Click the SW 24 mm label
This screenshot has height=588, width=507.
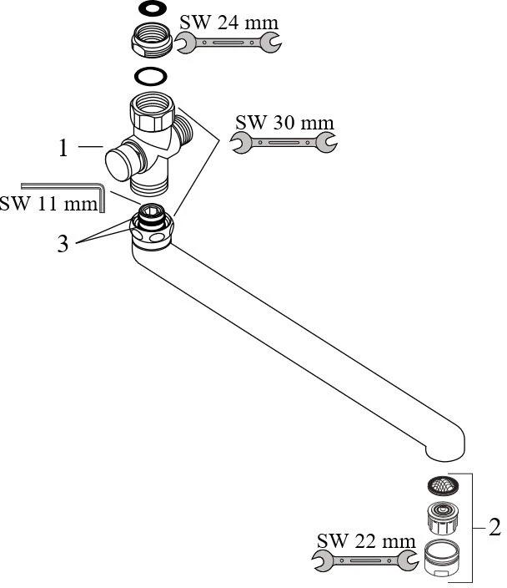click(229, 22)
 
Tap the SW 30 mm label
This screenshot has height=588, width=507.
click(284, 123)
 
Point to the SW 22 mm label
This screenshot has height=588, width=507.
click(365, 540)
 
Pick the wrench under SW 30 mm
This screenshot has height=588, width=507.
click(284, 143)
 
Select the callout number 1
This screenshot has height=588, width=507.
click(63, 149)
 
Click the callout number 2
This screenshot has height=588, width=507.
click(494, 527)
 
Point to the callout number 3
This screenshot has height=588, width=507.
click(63, 246)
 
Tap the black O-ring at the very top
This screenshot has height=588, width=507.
click(150, 9)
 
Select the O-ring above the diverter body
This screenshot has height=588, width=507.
click(151, 77)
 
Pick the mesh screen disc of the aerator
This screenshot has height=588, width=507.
click(442, 485)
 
